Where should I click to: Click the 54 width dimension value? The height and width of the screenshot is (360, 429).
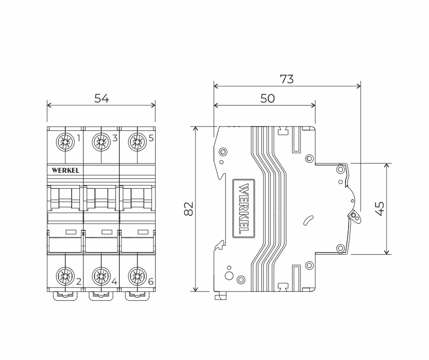102,98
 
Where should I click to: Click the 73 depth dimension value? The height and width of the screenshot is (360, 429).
287,79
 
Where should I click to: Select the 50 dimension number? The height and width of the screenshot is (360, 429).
267,99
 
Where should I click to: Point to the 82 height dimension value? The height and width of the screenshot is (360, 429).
189,209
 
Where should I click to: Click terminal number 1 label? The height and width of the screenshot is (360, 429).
78,138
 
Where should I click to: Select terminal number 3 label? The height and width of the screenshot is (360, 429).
115,138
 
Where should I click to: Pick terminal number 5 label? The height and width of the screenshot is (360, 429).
151,138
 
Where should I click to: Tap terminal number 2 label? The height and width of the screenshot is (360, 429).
78,282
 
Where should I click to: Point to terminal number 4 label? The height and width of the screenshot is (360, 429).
115,282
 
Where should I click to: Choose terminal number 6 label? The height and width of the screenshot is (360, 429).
151,282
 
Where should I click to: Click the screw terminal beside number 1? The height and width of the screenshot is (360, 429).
65,141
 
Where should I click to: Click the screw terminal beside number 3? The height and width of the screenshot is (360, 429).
102,141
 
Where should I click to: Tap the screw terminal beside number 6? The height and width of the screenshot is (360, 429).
137,275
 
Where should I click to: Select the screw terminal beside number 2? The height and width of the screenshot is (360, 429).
65,275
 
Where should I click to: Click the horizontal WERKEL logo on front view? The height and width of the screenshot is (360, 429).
65,170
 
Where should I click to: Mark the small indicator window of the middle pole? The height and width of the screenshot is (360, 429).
107,231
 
